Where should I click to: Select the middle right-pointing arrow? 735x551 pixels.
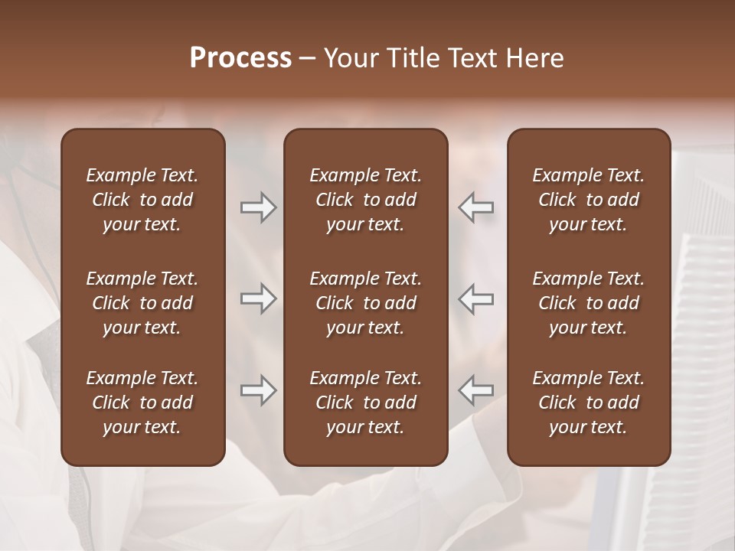tap(258, 298)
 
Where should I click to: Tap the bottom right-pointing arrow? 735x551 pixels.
tap(258, 390)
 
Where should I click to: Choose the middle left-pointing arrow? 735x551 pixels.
tap(476, 298)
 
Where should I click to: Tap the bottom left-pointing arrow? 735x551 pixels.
tap(476, 390)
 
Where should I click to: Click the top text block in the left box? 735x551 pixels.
tap(142, 200)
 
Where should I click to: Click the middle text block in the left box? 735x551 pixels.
tap(142, 303)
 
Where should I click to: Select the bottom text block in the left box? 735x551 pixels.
tap(142, 403)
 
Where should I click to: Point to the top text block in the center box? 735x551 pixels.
tap(366, 200)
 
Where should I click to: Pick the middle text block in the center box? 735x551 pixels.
tap(366, 303)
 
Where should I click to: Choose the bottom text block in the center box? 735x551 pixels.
tap(366, 403)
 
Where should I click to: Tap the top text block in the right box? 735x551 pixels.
tap(589, 200)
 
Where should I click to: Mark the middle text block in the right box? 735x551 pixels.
tap(589, 303)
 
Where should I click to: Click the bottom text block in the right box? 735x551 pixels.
tap(589, 403)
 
